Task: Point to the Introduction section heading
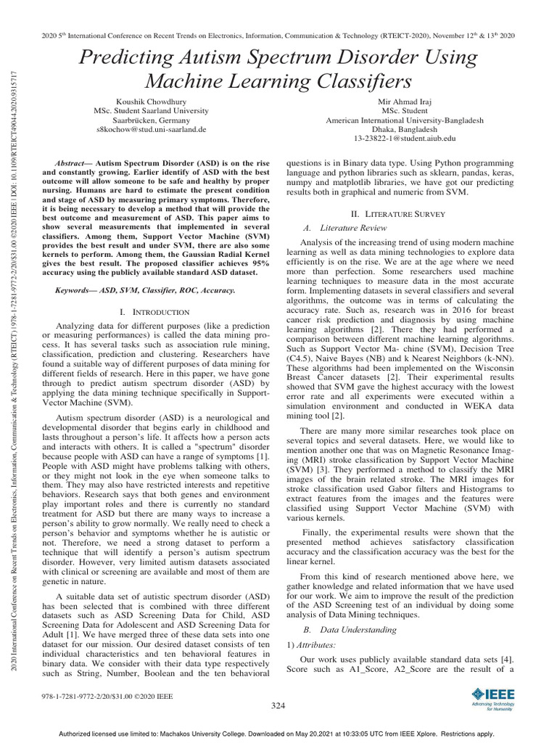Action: pos(154,311)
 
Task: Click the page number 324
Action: pos(278,705)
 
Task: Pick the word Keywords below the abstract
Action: pos(77,290)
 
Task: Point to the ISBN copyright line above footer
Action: pos(109,696)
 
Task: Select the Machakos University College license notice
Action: pos(278,734)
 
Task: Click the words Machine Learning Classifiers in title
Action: pos(279,79)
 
